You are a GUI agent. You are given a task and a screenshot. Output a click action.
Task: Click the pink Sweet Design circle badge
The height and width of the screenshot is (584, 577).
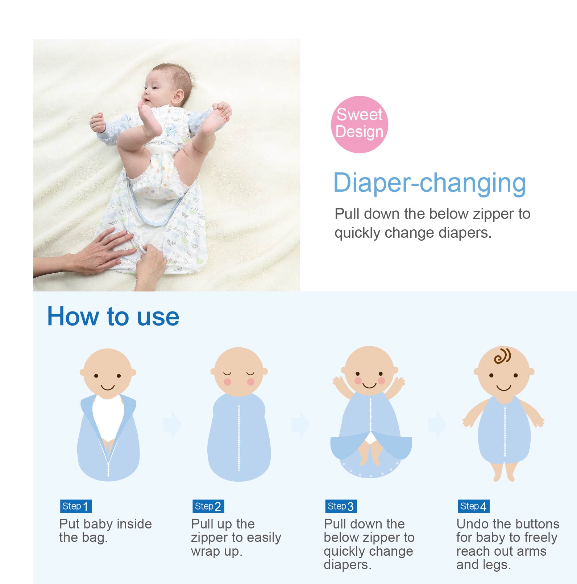359,124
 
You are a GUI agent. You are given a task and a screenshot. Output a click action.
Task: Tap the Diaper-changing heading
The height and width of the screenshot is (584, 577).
429,183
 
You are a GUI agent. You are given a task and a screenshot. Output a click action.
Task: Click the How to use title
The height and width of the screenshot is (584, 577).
113,316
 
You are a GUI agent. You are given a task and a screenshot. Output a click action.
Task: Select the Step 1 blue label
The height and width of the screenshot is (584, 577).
76,506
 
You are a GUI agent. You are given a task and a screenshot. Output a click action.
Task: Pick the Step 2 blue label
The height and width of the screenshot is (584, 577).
208,506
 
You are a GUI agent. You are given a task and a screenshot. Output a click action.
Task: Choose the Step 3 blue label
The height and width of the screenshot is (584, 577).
341,506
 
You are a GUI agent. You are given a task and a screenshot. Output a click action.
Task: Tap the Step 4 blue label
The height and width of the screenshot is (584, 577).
473,506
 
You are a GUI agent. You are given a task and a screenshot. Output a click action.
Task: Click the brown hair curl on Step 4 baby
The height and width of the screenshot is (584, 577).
502,356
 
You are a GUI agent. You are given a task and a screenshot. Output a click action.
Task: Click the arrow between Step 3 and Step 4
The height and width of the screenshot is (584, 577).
437,424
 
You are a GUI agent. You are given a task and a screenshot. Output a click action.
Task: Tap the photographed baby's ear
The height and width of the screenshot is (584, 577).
178,97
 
